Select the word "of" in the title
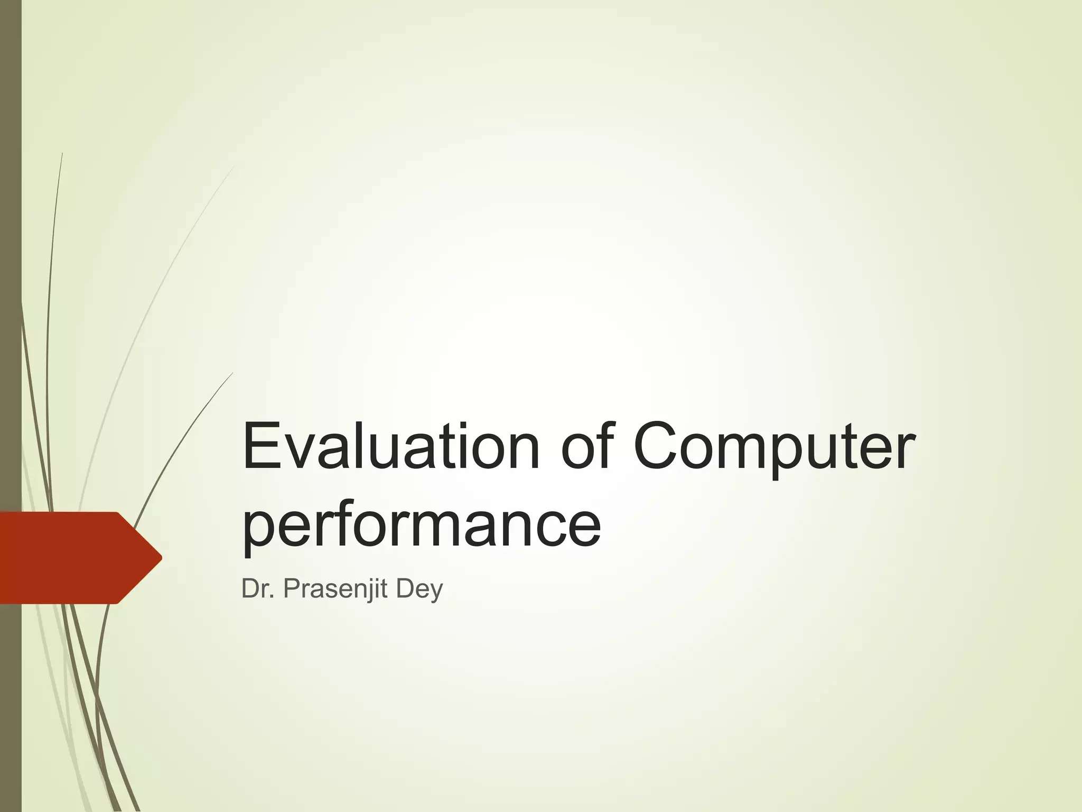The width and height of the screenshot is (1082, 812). click(589, 447)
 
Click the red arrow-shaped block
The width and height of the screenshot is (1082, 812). click(74, 558)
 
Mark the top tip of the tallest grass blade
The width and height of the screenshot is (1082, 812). click(62, 153)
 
